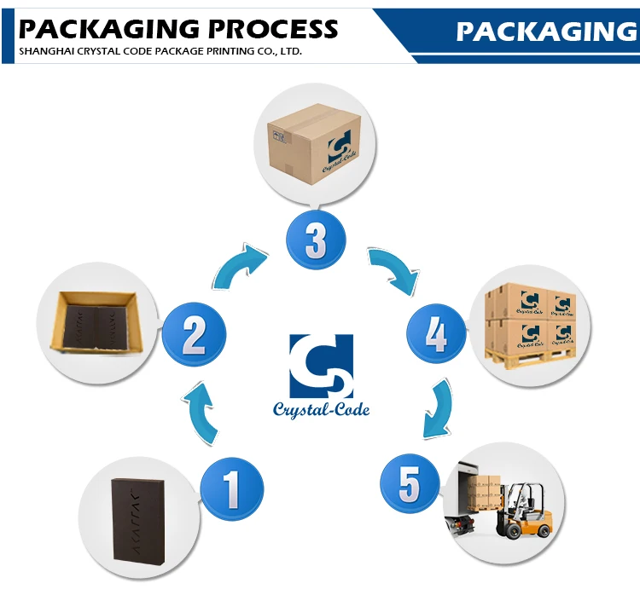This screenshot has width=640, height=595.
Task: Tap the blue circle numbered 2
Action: [194, 335]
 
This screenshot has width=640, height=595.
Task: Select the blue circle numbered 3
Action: [315, 240]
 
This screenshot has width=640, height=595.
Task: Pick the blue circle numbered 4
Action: [435, 335]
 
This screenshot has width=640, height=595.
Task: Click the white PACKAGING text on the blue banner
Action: [546, 32]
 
